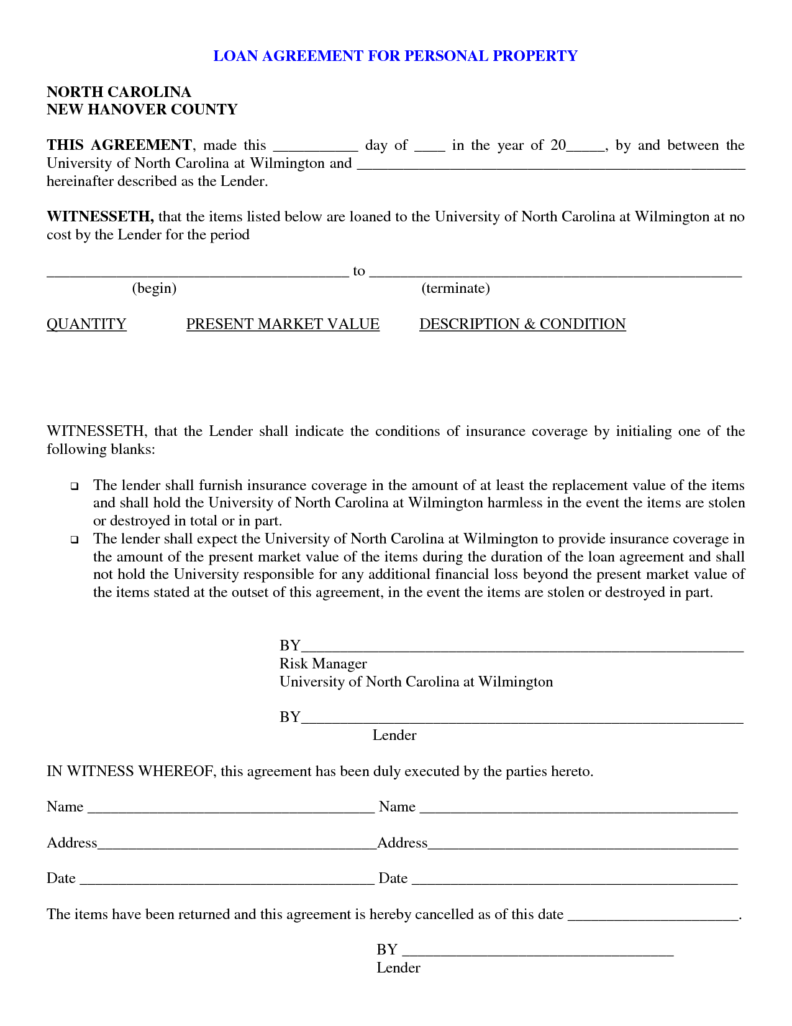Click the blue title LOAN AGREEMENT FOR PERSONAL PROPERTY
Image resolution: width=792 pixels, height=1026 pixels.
point(395,56)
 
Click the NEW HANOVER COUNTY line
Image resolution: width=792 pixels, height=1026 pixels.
point(142,109)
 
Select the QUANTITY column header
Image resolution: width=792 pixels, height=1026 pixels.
point(86,324)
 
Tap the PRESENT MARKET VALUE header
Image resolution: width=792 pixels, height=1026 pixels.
point(283,324)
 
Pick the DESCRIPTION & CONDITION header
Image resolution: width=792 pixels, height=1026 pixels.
point(522,324)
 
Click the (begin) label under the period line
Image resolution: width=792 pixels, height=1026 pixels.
point(154,289)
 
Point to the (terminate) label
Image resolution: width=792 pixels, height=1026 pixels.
point(455,289)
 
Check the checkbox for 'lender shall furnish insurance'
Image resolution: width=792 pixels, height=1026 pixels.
point(75,486)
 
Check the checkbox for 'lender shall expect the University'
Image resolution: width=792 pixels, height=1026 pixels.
point(75,540)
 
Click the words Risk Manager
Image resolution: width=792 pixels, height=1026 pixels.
point(323,663)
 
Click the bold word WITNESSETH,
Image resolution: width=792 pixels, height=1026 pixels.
point(100,217)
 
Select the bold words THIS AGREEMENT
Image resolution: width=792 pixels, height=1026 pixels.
point(119,146)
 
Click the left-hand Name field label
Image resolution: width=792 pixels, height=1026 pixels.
point(65,806)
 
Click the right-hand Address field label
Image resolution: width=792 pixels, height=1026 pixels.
point(403,843)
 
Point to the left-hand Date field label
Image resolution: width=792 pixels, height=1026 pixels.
point(61,878)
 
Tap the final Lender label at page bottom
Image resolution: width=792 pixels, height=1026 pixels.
point(398,968)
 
